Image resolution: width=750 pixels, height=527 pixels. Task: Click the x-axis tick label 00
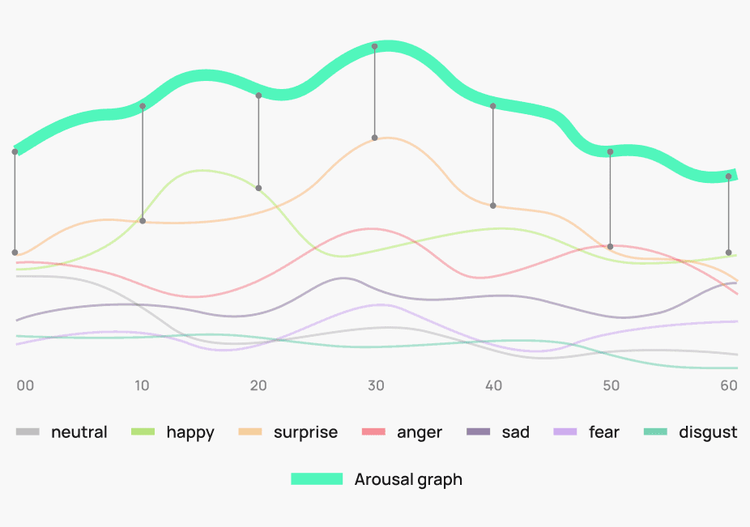25,385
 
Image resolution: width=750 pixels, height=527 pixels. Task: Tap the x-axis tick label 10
142,385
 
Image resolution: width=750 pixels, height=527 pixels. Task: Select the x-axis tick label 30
375,385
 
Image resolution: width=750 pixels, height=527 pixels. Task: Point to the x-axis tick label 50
611,385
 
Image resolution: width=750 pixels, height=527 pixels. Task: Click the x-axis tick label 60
729,385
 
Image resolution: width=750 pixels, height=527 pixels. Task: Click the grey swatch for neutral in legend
28,432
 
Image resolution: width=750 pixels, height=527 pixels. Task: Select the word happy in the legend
190,432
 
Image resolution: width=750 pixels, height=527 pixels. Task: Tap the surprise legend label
305,432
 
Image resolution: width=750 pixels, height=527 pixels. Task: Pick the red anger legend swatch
373,432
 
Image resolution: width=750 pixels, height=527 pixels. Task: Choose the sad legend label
515,432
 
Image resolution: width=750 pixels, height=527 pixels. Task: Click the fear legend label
604,432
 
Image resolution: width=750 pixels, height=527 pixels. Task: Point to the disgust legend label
708,432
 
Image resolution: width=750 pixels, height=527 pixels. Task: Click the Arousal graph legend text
408,479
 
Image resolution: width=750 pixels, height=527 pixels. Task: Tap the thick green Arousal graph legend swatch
317,479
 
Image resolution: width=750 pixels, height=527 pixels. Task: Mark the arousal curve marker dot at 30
374,46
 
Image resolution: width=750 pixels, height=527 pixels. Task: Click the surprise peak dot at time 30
375,138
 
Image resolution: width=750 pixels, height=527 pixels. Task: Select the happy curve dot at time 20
258,188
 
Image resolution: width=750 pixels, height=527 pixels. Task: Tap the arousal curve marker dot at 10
143,106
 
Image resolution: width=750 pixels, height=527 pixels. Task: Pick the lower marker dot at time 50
610,246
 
